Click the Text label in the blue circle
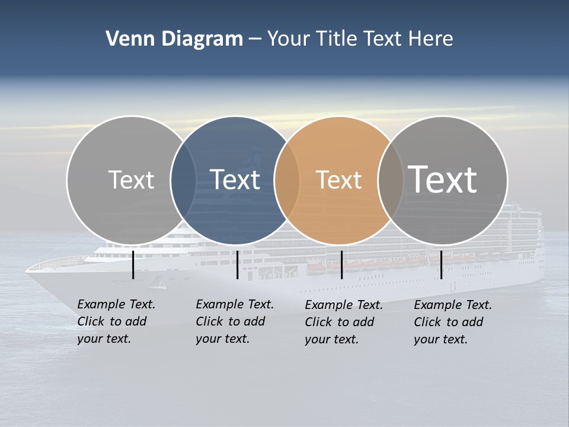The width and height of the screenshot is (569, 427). pyautogui.click(x=235, y=180)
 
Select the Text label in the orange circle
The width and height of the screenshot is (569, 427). pyautogui.click(x=338, y=180)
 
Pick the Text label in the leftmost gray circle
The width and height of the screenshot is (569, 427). pyautogui.click(x=131, y=180)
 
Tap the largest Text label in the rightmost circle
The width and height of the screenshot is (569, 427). pyautogui.click(x=443, y=179)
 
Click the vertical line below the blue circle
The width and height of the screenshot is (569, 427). pyautogui.click(x=237, y=265)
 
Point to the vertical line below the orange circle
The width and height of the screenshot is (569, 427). pyautogui.click(x=341, y=265)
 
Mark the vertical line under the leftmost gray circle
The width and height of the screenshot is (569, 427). pyautogui.click(x=133, y=265)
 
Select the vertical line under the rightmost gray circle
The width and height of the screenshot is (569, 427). pyautogui.click(x=442, y=265)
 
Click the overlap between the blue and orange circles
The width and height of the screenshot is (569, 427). pyautogui.click(x=287, y=180)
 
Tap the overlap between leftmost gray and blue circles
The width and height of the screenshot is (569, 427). pyautogui.click(x=183, y=180)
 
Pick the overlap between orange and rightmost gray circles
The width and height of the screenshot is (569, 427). pyautogui.click(x=391, y=180)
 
